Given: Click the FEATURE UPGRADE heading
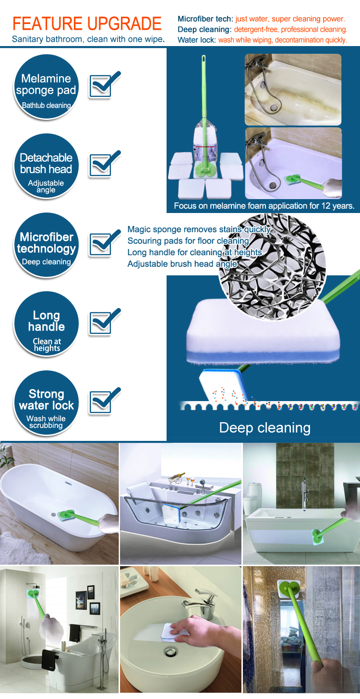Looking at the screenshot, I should [x=87, y=23].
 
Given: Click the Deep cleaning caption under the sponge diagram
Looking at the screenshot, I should [x=264, y=427].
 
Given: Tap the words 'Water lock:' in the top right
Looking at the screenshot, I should [x=197, y=40].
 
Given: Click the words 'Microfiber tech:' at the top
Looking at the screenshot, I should [x=205, y=19].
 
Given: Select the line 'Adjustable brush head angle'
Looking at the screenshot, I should [x=182, y=264].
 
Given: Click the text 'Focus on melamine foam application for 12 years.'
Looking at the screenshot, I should [x=264, y=206].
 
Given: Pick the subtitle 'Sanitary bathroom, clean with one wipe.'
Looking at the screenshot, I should [x=88, y=39].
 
